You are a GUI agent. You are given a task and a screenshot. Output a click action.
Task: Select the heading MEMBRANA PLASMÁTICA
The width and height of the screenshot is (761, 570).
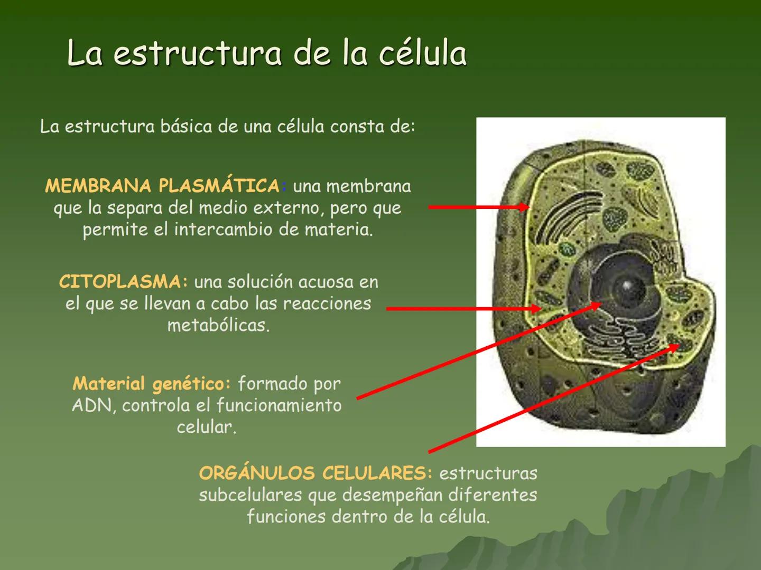tap(162, 186)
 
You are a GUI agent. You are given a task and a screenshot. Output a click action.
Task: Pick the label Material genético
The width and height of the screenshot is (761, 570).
tap(152, 383)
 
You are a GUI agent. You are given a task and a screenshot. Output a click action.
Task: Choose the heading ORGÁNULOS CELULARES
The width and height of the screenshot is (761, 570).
tap(315, 473)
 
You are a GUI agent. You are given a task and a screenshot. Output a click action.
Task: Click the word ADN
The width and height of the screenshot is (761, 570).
tap(92, 405)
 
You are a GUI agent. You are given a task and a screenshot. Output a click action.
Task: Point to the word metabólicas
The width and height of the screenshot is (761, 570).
tap(218, 325)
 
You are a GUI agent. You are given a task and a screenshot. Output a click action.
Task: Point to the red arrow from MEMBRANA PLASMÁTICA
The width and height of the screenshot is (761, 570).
tap(478, 207)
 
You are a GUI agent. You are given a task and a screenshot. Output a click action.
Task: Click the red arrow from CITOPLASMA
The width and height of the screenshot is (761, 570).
tap(463, 309)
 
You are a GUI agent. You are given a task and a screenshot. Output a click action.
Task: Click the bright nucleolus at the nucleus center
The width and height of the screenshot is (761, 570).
tap(626, 286)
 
